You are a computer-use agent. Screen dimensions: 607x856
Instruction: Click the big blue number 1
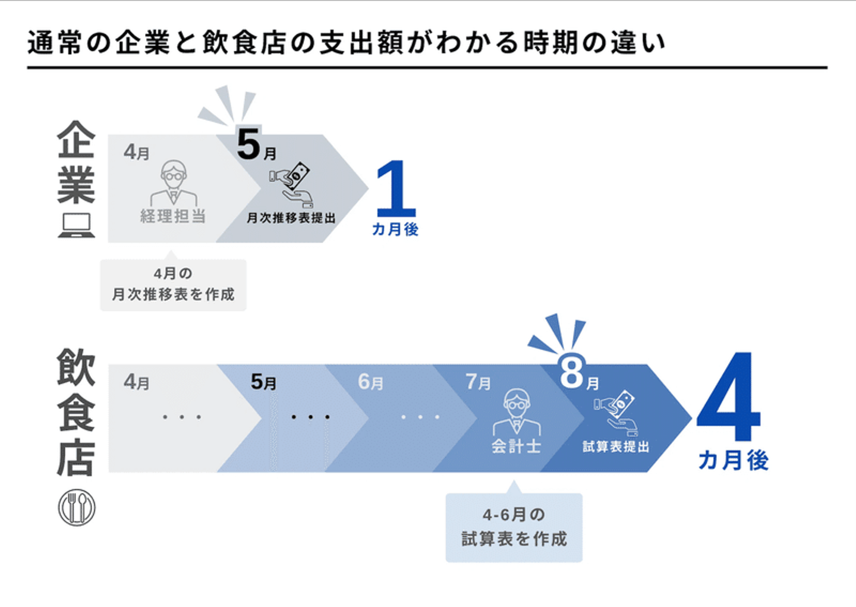tap(395, 189)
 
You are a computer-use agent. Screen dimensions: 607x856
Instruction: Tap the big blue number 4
tap(729, 397)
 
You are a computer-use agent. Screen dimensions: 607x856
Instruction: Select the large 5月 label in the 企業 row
tap(256, 146)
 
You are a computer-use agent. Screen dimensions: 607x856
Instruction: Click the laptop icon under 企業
tap(76, 225)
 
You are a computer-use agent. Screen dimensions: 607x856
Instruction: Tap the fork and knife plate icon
tap(77, 508)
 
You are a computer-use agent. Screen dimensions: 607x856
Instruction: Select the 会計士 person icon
tap(517, 413)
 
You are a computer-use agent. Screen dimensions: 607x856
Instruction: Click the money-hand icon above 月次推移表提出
tap(292, 184)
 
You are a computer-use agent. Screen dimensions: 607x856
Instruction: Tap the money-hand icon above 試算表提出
tap(616, 413)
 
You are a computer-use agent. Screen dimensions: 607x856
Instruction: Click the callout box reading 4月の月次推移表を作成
tap(173, 284)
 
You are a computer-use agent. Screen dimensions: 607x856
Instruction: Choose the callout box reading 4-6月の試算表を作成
tap(514, 527)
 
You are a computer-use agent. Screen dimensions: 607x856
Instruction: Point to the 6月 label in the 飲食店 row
tap(370, 382)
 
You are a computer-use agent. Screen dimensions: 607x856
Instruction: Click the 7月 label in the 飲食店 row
tap(478, 382)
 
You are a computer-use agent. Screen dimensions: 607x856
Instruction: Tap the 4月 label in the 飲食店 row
tap(137, 382)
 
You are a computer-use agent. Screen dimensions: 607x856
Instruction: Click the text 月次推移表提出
tap(291, 218)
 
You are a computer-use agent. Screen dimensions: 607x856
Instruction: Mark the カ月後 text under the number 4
tap(733, 460)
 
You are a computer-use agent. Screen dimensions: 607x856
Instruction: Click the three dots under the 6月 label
tap(420, 417)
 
